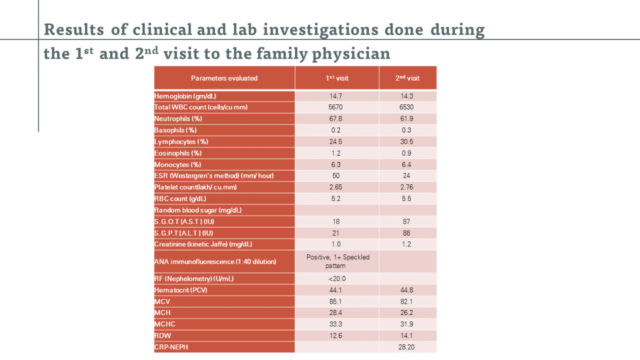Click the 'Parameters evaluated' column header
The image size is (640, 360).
(224, 78)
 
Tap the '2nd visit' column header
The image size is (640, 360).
(407, 78)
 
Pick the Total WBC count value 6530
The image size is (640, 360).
(407, 107)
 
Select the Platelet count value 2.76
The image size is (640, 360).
(407, 187)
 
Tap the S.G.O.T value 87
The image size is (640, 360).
(407, 221)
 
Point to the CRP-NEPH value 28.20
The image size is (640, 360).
(407, 347)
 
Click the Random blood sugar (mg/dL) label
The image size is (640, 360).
(197, 210)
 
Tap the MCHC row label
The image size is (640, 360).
(164, 324)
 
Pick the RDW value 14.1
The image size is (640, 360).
(407, 336)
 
